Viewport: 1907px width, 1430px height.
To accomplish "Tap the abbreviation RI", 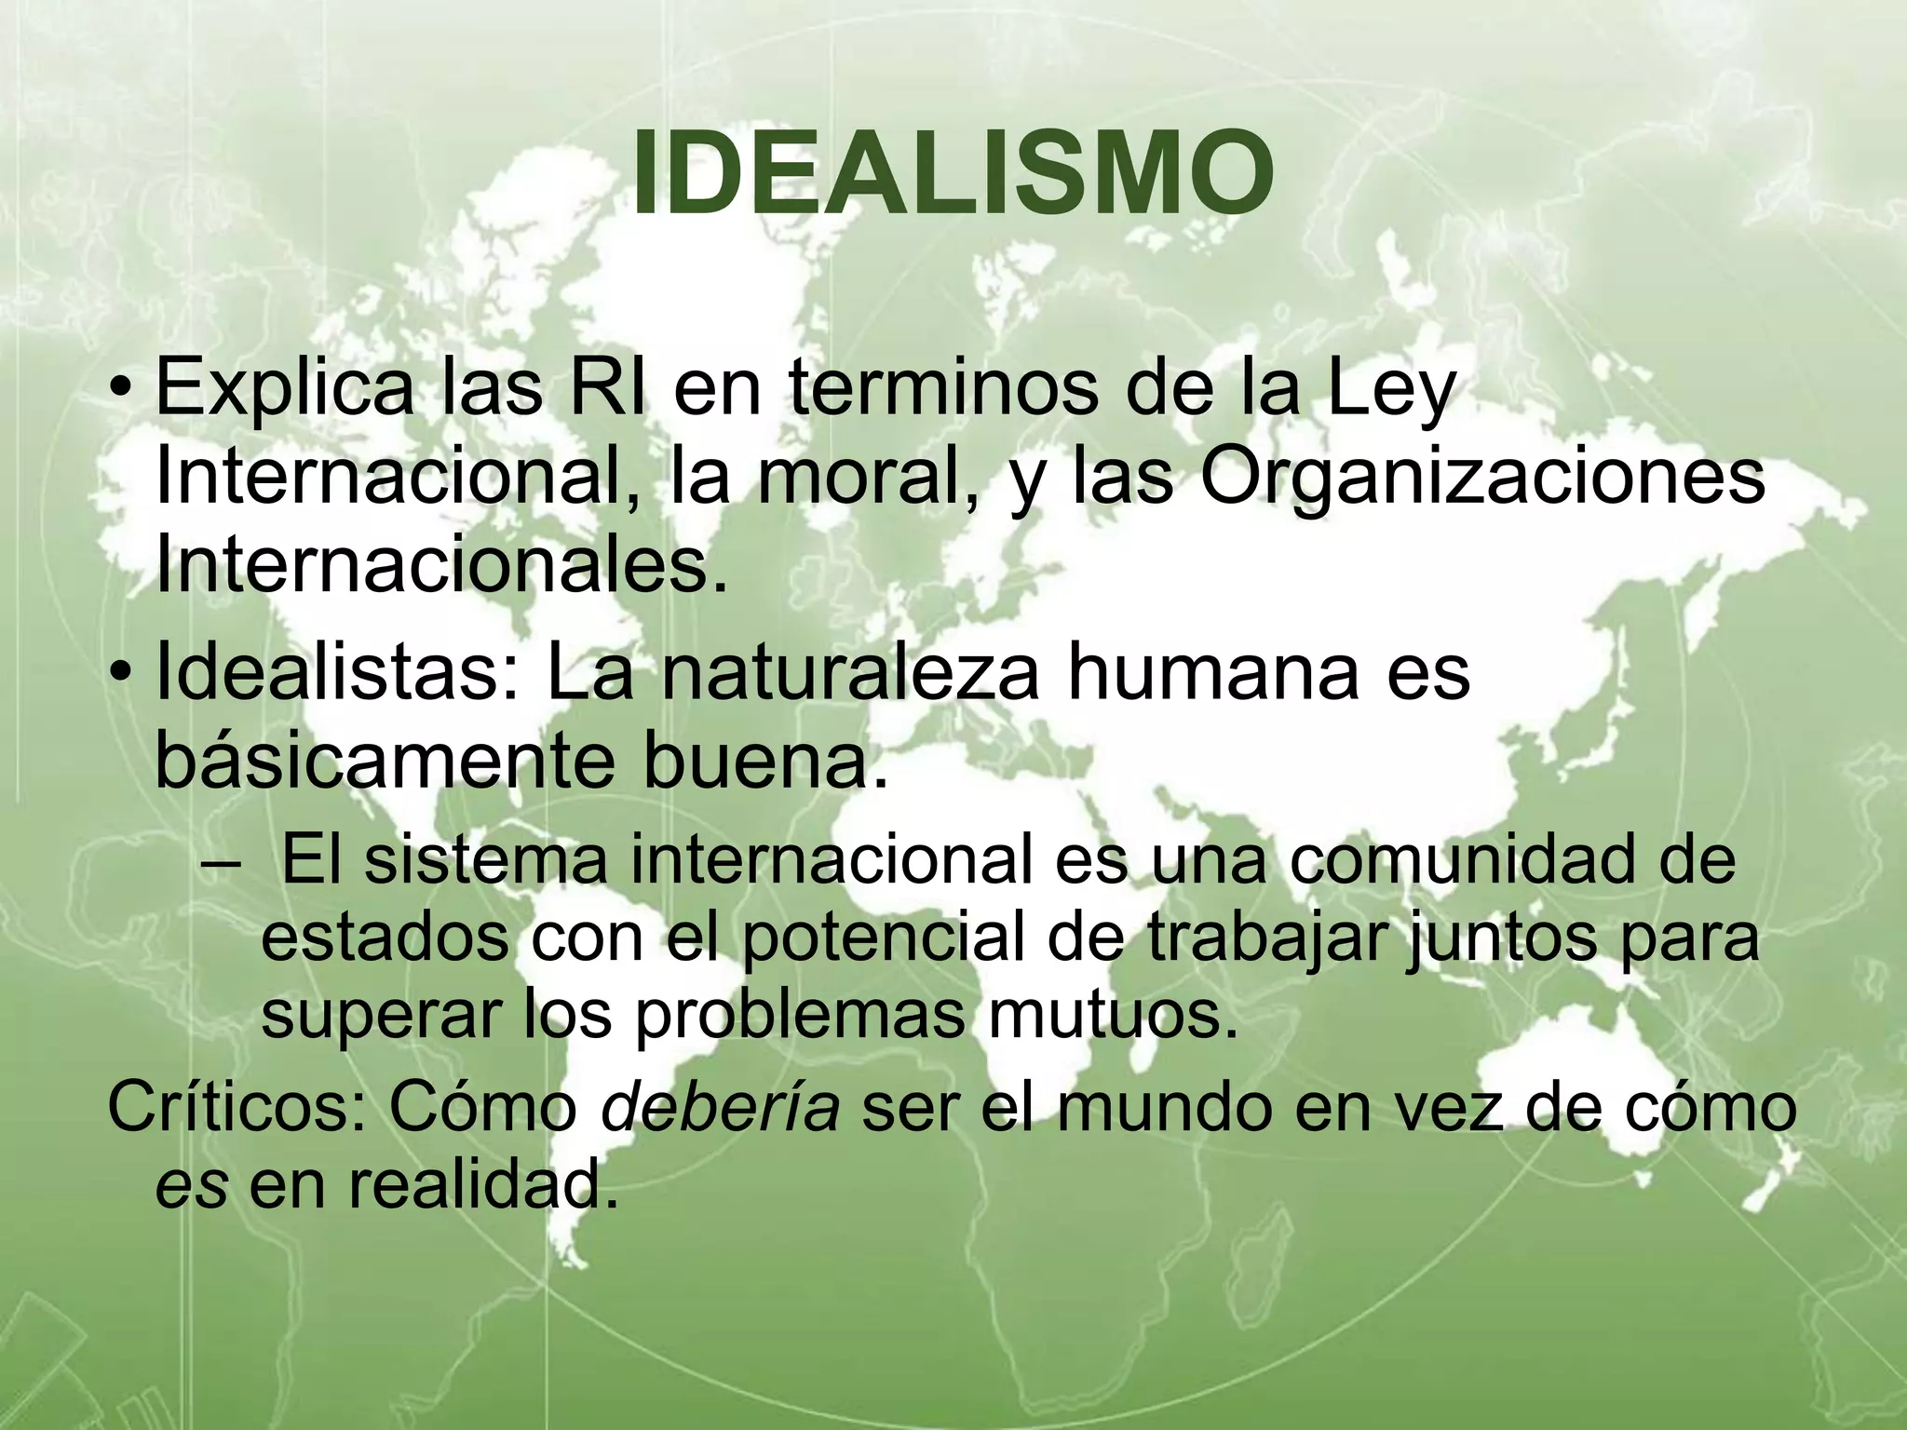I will click(x=605, y=389).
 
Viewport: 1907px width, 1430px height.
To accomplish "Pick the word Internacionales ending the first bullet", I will click(x=440, y=566).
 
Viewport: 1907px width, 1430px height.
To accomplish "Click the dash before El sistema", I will click(x=219, y=861).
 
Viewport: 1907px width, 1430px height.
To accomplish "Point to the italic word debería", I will click(x=720, y=1108).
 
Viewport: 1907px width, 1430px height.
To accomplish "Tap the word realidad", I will click(x=483, y=1186).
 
